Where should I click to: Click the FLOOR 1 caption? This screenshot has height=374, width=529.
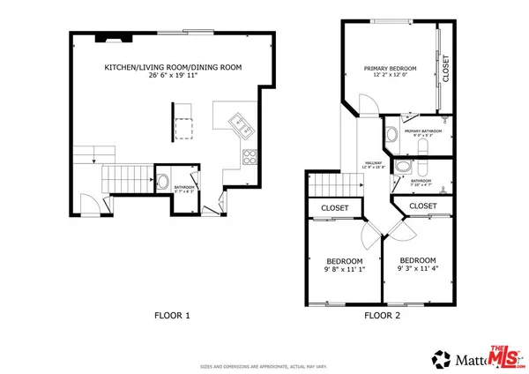click(172, 315)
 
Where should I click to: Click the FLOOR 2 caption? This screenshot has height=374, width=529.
click(382, 315)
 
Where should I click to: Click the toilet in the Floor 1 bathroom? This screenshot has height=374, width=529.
click(163, 182)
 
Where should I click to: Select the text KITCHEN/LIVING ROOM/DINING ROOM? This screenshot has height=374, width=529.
click(173, 67)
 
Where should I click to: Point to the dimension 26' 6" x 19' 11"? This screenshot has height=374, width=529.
click(173, 76)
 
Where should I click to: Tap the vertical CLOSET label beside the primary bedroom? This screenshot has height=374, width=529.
click(445, 68)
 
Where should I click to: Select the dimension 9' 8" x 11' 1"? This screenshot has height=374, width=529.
click(344, 270)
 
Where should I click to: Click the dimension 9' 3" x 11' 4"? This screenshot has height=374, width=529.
click(417, 269)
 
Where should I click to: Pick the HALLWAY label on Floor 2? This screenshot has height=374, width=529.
click(373, 163)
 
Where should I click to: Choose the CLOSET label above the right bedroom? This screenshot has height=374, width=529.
click(423, 206)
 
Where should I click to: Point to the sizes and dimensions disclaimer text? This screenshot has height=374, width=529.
click(264, 365)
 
